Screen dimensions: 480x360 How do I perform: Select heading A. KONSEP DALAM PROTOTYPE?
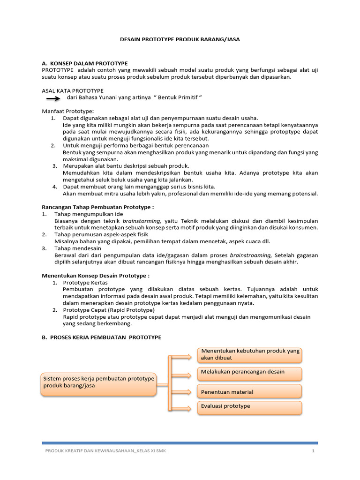84,63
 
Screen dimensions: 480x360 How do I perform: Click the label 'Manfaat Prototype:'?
68,111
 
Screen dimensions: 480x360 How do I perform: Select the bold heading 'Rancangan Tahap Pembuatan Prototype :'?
97,207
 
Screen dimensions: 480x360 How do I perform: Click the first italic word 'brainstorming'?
142,221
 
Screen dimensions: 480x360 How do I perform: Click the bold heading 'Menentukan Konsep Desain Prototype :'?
96,276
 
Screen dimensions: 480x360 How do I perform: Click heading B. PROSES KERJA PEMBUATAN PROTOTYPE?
101,337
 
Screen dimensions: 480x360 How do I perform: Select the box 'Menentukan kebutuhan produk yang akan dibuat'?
250,355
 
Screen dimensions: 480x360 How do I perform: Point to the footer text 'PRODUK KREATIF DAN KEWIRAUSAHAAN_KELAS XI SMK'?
105,451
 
